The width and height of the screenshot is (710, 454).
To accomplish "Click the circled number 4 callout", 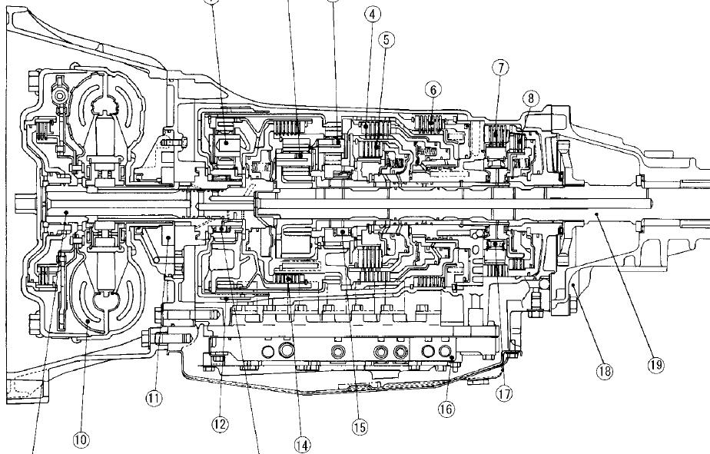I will (372, 15).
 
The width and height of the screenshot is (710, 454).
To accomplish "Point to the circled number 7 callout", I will (501, 68).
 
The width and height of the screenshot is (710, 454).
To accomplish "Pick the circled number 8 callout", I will (530, 98).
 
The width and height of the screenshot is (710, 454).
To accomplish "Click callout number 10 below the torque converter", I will (81, 439).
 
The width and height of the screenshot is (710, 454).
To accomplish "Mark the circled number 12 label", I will (221, 423).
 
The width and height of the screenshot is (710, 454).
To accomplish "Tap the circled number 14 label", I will (302, 444).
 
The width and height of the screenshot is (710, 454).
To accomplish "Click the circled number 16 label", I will (446, 409).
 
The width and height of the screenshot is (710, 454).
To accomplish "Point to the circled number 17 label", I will (504, 394).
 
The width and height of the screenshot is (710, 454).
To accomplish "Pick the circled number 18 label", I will (605, 372).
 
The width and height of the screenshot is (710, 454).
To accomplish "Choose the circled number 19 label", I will (655, 365).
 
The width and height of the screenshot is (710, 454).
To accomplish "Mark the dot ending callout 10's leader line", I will (90, 320).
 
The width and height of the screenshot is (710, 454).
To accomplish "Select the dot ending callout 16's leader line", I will (452, 358).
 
